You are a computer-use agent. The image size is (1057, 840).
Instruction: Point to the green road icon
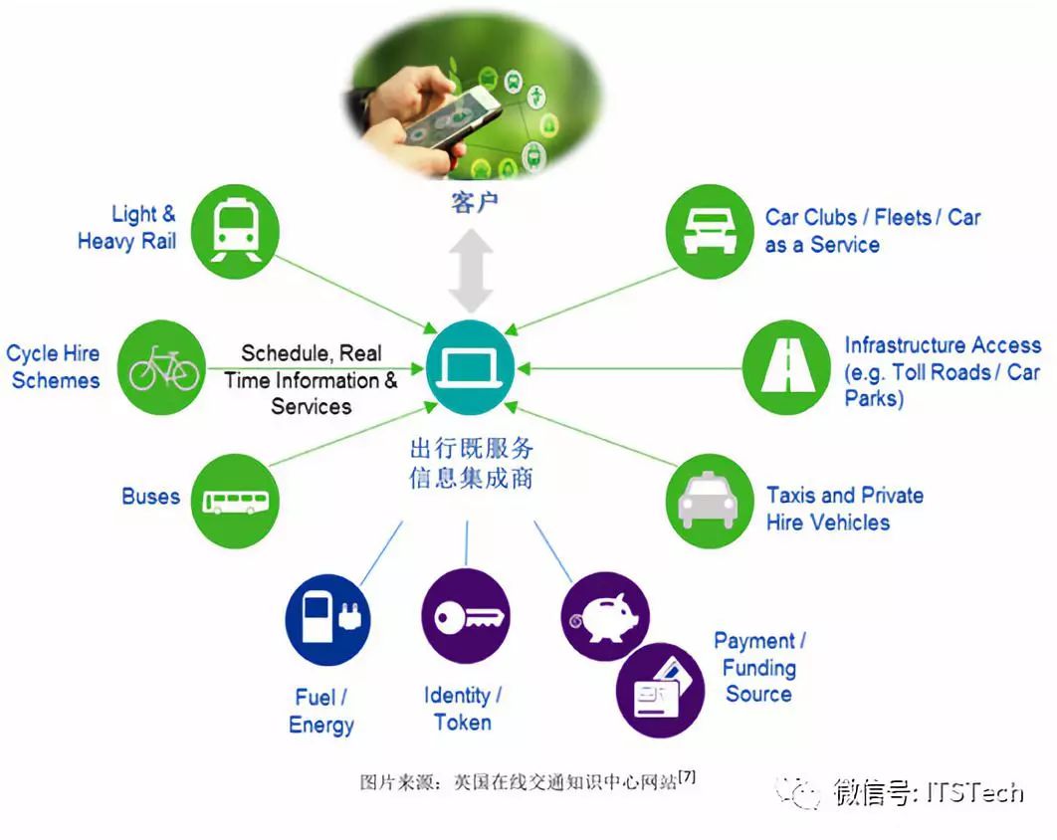tap(786, 366)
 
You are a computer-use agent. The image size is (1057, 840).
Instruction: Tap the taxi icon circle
tap(708, 500)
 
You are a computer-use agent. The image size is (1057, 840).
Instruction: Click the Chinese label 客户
tap(475, 204)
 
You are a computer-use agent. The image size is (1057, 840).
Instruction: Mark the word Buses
tap(150, 497)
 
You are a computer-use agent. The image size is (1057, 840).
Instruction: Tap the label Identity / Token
tap(463, 709)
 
